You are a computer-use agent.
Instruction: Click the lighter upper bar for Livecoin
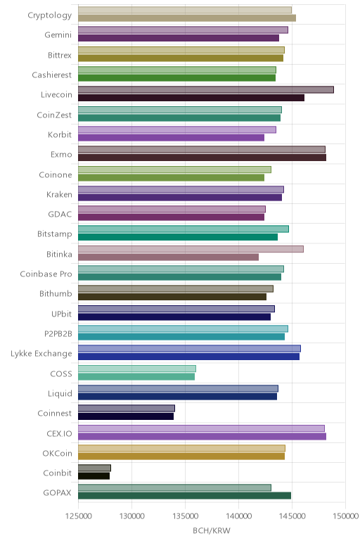[206, 90]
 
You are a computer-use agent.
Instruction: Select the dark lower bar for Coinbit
[94, 475]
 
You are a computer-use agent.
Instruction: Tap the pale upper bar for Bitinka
[191, 249]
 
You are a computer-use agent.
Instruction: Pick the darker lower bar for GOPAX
[184, 496]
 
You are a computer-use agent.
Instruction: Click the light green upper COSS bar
[137, 369]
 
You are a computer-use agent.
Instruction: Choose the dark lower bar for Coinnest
[126, 416]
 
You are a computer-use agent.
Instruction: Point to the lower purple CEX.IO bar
[202, 436]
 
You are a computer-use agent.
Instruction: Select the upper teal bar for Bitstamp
[184, 229]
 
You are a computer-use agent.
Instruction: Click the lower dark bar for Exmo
[202, 158]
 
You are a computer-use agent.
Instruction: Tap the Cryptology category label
[50, 15]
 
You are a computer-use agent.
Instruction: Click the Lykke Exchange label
[41, 354]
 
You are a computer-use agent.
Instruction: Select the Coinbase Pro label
[46, 274]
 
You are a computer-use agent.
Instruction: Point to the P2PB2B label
[58, 333]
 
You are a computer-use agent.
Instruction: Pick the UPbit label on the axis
[61, 314]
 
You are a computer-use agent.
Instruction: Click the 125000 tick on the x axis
[78, 516]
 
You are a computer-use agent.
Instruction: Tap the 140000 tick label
[238, 516]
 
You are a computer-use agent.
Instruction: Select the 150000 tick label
[345, 516]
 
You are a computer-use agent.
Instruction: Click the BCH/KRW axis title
[212, 530]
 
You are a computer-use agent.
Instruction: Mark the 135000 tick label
[185, 516]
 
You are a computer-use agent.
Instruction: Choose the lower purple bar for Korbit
[172, 137]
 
